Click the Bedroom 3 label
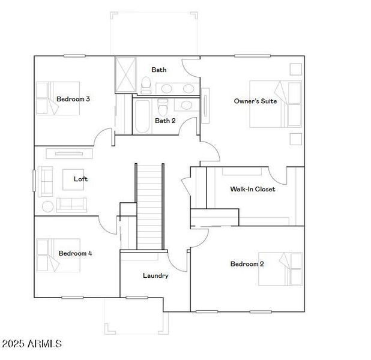pyautogui.click(x=73, y=99)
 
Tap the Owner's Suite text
pyautogui.click(x=255, y=101)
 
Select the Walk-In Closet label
pyautogui.click(x=252, y=190)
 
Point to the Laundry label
pyautogui.click(x=155, y=276)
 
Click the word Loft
pyautogui.click(x=80, y=179)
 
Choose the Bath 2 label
pyautogui.click(x=165, y=121)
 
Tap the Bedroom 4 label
pyautogui.click(x=75, y=254)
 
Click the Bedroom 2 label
pyautogui.click(x=247, y=264)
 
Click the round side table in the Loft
pyautogui.click(x=47, y=206)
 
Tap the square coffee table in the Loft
pyautogui.click(x=76, y=179)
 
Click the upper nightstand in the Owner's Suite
pyautogui.click(x=295, y=68)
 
